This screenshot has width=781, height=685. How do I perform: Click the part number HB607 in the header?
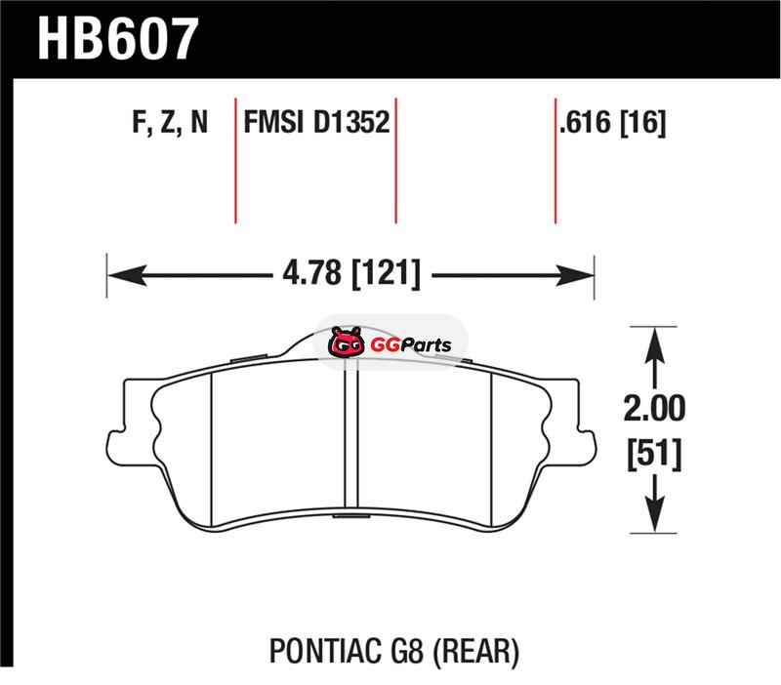(118, 38)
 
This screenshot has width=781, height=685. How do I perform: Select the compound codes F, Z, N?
(170, 122)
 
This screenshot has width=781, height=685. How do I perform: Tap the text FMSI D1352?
(316, 122)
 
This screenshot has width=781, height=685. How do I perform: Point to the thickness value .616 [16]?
(612, 123)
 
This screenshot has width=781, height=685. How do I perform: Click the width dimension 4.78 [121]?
(351, 273)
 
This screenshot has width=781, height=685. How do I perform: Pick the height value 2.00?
(654, 408)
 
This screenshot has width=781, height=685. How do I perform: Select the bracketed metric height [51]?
(654, 454)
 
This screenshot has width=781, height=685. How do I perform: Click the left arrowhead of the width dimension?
(127, 275)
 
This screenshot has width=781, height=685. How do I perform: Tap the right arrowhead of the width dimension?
(574, 275)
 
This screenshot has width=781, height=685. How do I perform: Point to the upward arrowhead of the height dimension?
(654, 347)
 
